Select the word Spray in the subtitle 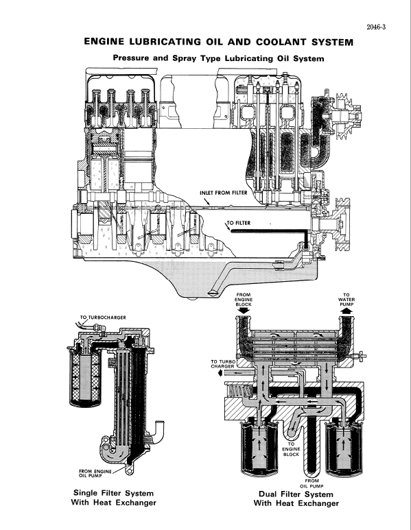185,60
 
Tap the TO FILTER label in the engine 239,223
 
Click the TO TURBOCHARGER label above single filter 103,317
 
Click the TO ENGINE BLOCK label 292,450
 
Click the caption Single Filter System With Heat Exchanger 113,498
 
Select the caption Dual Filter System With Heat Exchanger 296,499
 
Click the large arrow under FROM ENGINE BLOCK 244,313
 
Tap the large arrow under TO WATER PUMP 346,313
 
